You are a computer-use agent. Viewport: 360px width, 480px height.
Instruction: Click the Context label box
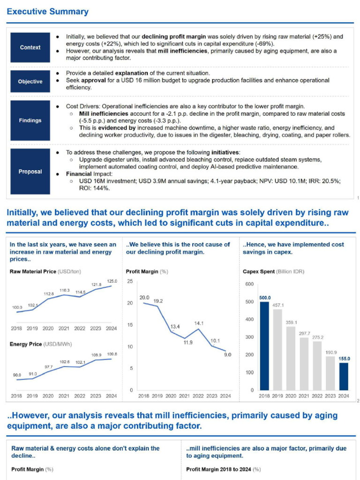tap(30, 47)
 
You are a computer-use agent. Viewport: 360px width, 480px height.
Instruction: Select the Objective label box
tap(30, 82)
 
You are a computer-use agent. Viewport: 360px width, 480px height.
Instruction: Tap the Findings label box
tap(30, 120)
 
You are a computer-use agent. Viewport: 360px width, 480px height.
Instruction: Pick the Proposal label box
tap(30, 172)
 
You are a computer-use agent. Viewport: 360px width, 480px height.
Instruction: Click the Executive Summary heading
tap(47, 12)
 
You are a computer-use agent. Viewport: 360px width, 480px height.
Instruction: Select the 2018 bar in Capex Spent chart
tap(265, 346)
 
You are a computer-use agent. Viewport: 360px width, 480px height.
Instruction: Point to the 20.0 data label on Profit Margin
tap(144, 298)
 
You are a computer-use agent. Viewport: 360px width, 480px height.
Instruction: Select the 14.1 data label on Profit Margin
tap(199, 323)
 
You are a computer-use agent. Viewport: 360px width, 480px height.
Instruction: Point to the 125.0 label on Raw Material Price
tap(112, 281)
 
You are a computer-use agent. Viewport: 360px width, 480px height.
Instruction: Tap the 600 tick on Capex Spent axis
tap(249, 284)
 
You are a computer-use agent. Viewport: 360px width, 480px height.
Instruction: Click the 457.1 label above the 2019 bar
tap(278, 305)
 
